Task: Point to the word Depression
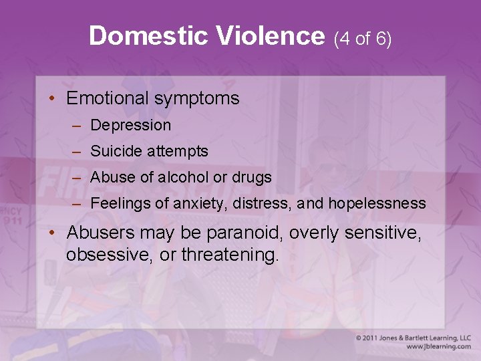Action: pyautogui.click(x=130, y=125)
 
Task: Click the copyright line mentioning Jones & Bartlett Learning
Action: pyautogui.click(x=413, y=338)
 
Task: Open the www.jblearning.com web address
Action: pyautogui.click(x=438, y=347)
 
